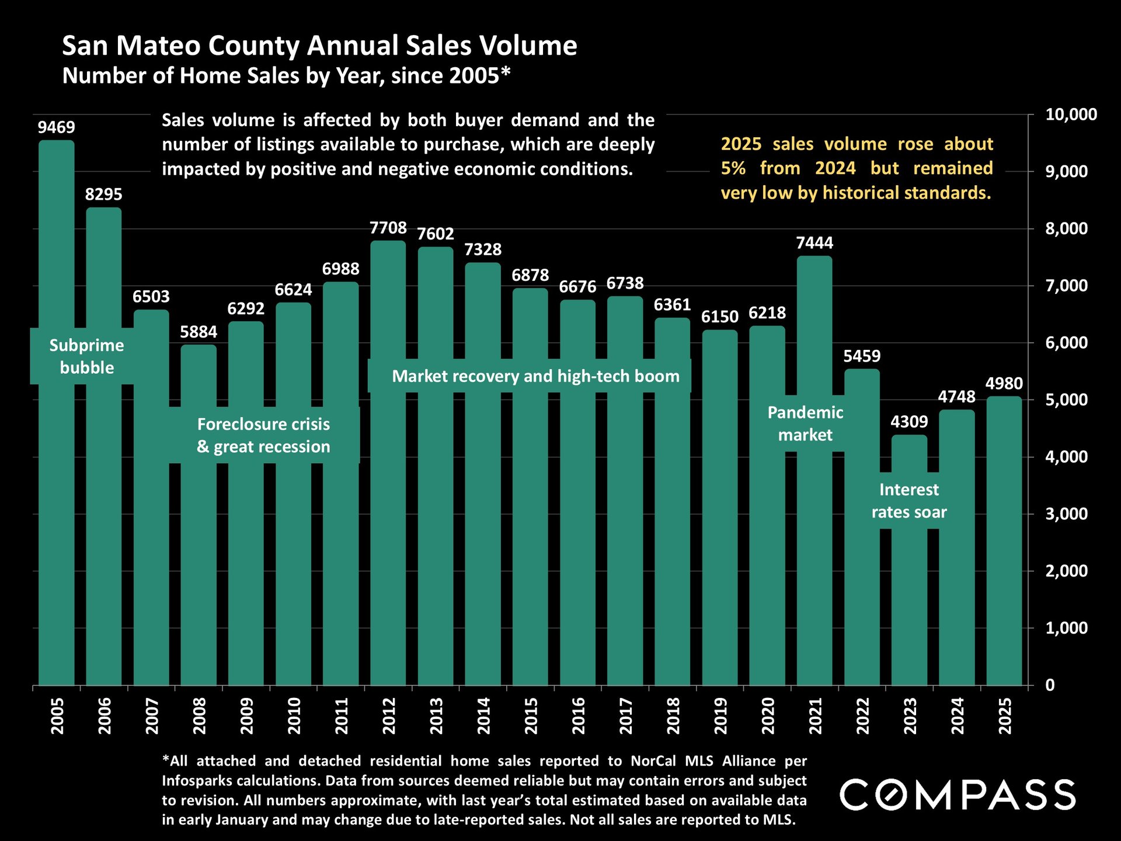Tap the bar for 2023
[909, 584]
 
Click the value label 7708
[388, 228]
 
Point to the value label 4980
[1004, 384]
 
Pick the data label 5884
[199, 332]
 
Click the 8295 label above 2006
[104, 194]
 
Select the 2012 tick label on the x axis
[389, 715]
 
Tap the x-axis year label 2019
[720, 715]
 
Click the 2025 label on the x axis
[1005, 715]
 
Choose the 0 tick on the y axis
[1050, 685]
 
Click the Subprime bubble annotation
[87, 356]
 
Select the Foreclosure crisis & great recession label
[263, 435]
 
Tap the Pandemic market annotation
[805, 423]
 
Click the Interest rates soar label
[909, 501]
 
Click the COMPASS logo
[958, 795]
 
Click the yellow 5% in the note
[733, 168]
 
